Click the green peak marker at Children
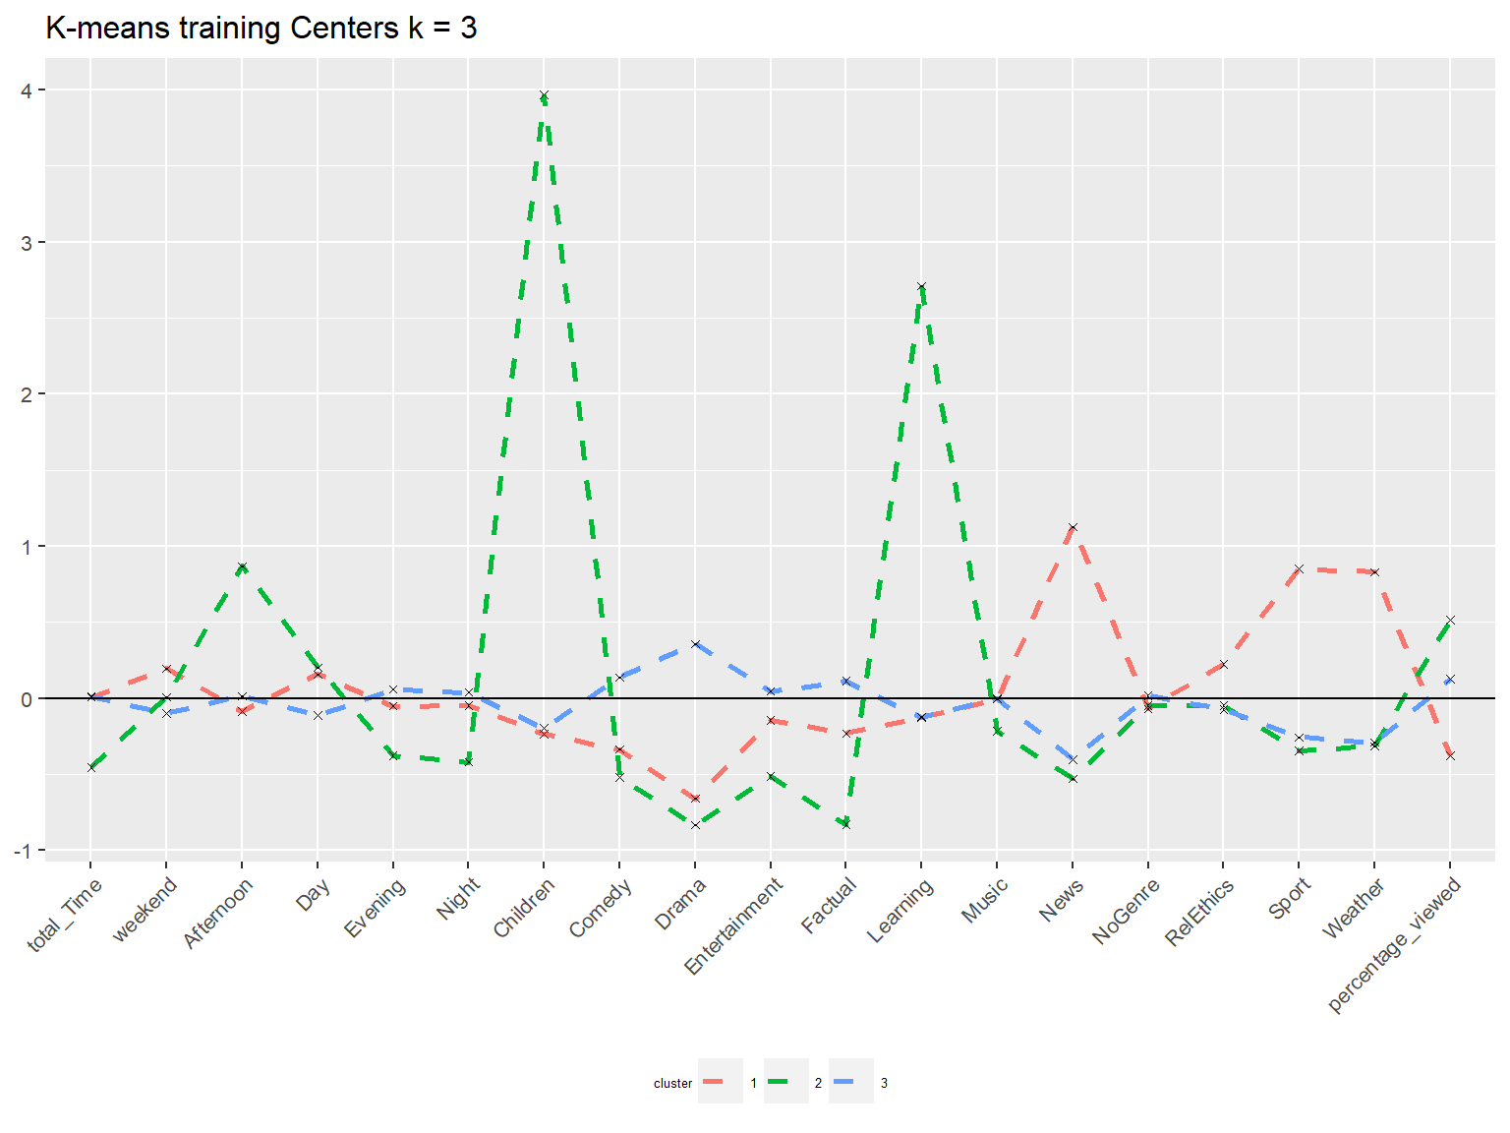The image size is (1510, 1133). point(544,95)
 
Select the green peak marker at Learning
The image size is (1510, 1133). point(921,286)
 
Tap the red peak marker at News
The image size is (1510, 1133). point(1073,527)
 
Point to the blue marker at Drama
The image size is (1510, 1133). point(695,644)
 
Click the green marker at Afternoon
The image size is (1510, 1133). point(242,566)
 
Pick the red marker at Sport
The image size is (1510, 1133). point(1299,568)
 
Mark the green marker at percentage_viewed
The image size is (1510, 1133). point(1450,621)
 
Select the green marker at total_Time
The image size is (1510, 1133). point(91,768)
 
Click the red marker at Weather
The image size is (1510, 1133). point(1374,572)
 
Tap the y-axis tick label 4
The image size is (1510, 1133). point(27,90)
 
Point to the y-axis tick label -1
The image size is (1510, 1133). point(22,852)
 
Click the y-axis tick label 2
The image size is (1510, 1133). point(27,394)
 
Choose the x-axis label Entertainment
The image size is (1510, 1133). point(733,925)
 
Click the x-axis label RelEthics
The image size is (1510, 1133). point(1199,912)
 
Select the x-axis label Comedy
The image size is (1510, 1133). point(601,908)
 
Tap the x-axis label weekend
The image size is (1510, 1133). point(145,909)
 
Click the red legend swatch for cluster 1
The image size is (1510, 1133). point(714,1082)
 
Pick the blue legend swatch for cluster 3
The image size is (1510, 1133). point(843,1082)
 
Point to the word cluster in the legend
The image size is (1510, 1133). point(672,1084)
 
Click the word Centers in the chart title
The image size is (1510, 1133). point(344,29)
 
